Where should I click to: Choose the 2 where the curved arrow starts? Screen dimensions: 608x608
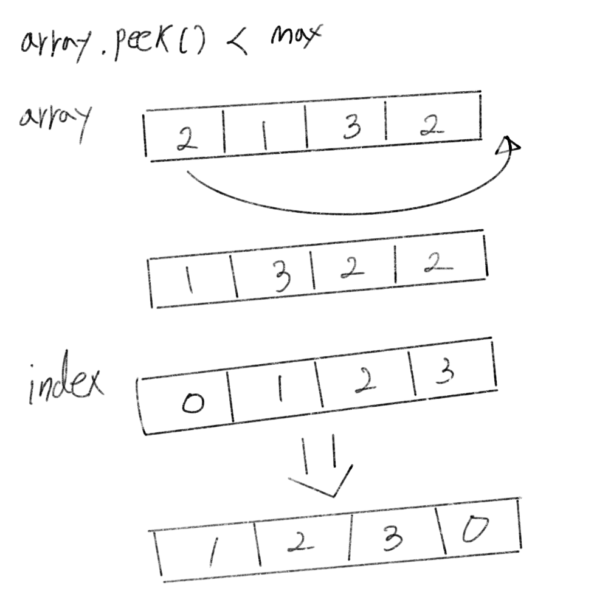(x=183, y=139)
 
